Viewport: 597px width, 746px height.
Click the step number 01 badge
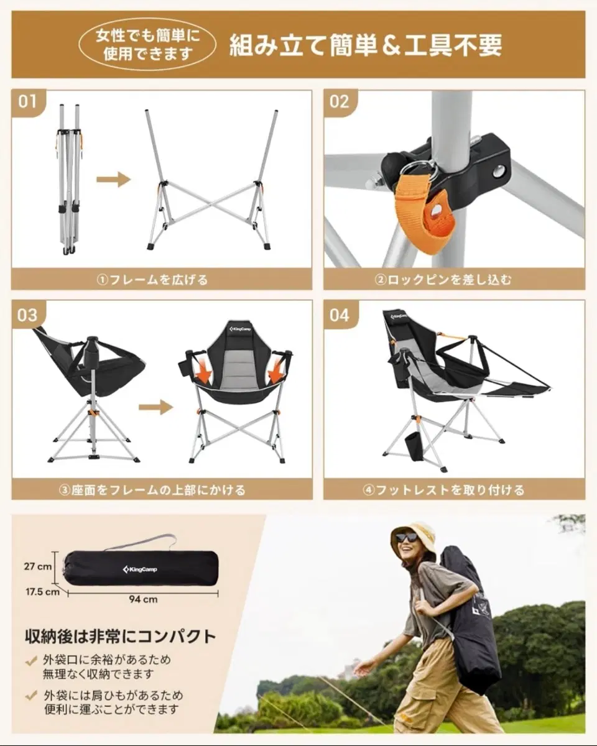[x=28, y=103]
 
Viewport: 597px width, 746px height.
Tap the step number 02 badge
[x=340, y=103]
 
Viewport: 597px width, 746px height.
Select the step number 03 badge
[x=28, y=315]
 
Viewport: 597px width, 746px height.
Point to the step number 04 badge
[x=340, y=315]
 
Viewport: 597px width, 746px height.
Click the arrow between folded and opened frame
[x=113, y=180]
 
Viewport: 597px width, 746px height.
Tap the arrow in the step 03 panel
[x=155, y=407]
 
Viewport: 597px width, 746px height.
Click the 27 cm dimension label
[x=38, y=566]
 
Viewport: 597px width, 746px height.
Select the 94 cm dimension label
[x=143, y=599]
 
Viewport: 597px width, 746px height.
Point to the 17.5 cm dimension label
[x=42, y=591]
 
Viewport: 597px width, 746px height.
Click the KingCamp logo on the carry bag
[x=140, y=569]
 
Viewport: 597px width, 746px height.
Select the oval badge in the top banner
[x=147, y=45]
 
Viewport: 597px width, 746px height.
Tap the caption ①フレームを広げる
[x=152, y=280]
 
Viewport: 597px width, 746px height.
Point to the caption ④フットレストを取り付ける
[x=443, y=490]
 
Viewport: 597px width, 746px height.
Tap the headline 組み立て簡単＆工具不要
[x=366, y=45]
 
